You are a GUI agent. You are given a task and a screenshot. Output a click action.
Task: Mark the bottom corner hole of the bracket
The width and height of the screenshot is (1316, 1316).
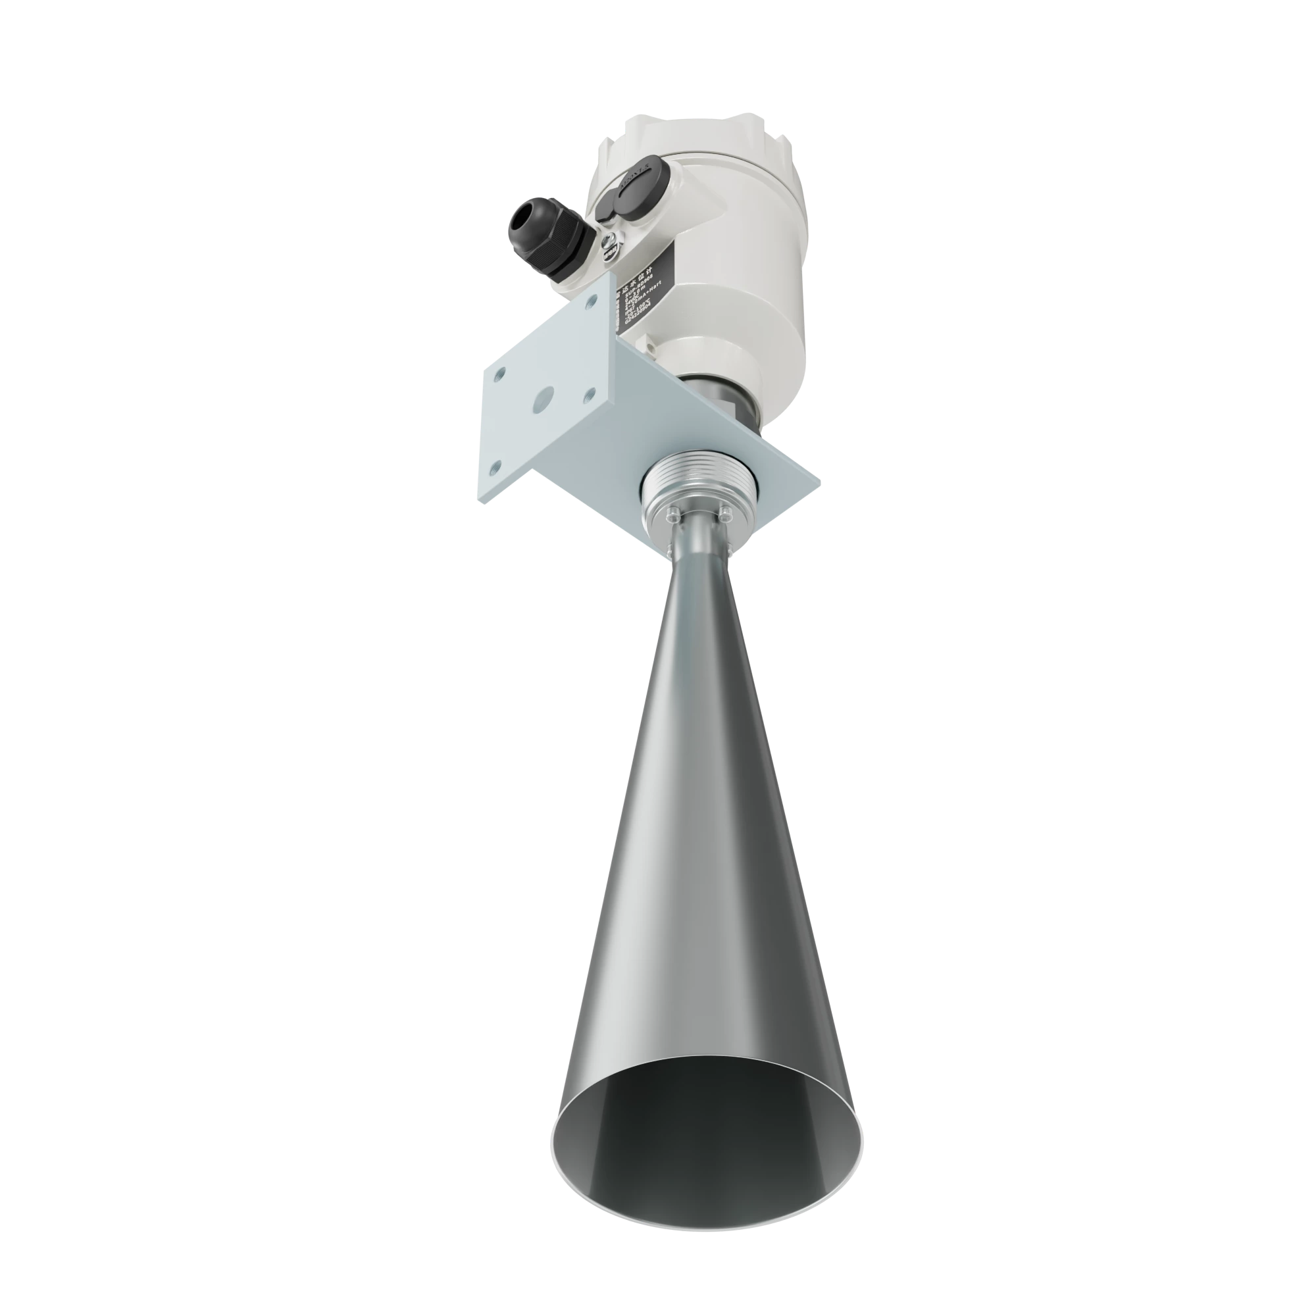495,467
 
